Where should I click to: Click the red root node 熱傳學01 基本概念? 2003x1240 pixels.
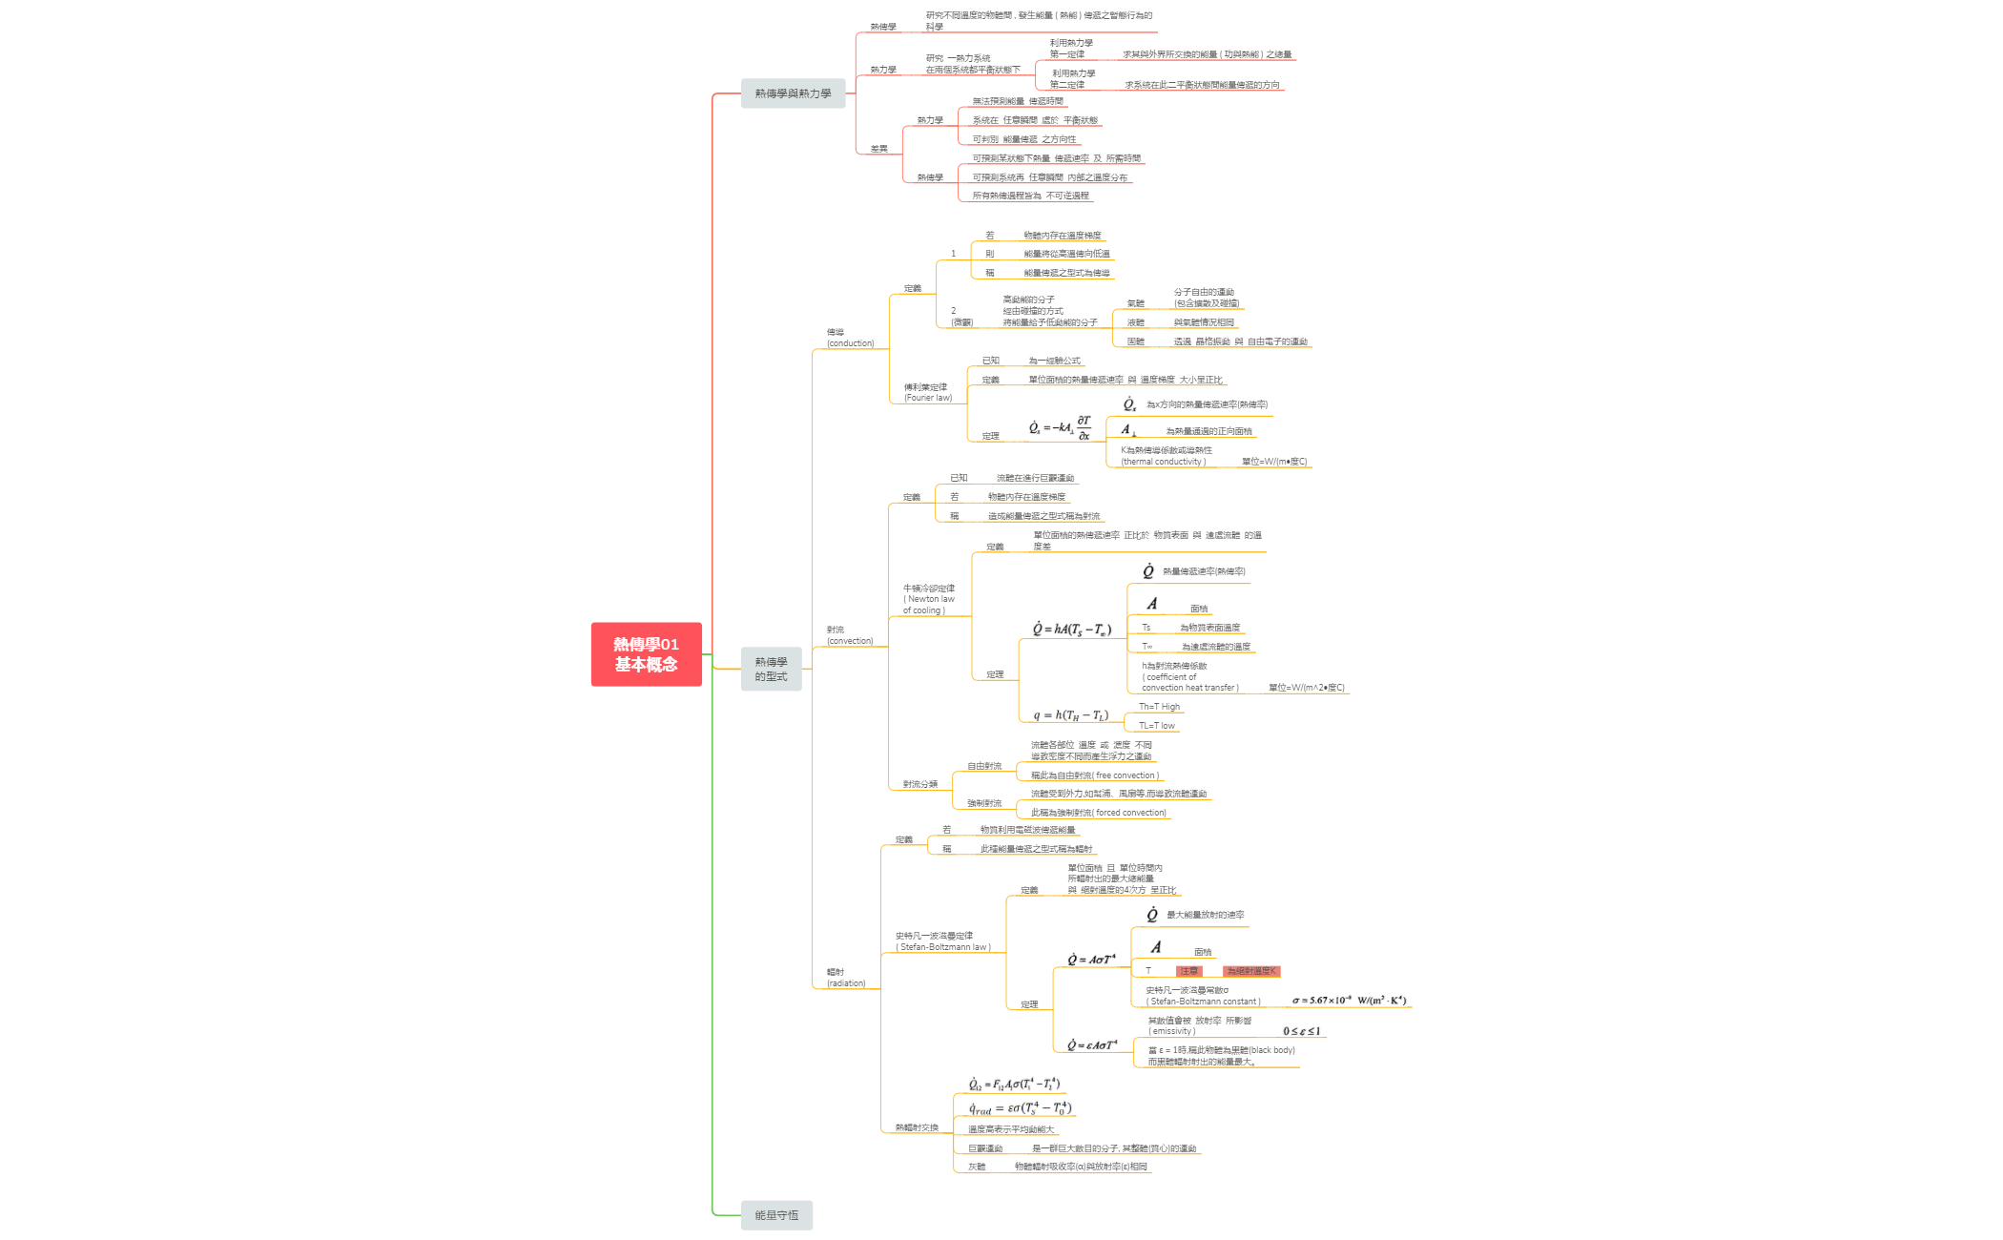tap(646, 654)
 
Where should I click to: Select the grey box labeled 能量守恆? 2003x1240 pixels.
tap(776, 1214)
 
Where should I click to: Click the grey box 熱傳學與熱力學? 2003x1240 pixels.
tap(793, 93)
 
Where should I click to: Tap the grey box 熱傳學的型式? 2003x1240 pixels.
tap(771, 669)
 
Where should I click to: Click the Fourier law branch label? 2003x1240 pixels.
tap(927, 392)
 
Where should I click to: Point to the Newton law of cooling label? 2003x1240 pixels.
tap(928, 599)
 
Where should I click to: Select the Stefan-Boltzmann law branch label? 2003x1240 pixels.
tap(942, 941)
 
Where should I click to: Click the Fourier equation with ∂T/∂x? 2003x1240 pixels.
tap(1060, 427)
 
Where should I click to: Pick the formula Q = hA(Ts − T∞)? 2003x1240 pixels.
tap(1071, 630)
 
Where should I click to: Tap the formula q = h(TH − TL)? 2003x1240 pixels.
tap(1070, 715)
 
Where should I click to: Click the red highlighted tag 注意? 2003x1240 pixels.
tap(1188, 971)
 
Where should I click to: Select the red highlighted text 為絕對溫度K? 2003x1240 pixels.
tap(1250, 971)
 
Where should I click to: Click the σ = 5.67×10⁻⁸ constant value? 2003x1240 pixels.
tap(1349, 1001)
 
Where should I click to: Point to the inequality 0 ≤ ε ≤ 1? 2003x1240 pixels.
tap(1301, 1031)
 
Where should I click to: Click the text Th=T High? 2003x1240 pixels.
tap(1159, 707)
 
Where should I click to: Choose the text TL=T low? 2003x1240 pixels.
tap(1156, 726)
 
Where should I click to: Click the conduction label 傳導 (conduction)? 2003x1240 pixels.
tap(849, 338)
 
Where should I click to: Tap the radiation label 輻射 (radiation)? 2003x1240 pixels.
tap(845, 978)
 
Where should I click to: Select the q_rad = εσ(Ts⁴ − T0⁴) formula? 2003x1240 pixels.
tap(1020, 1108)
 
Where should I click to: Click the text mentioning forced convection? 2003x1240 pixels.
tap(1098, 813)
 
